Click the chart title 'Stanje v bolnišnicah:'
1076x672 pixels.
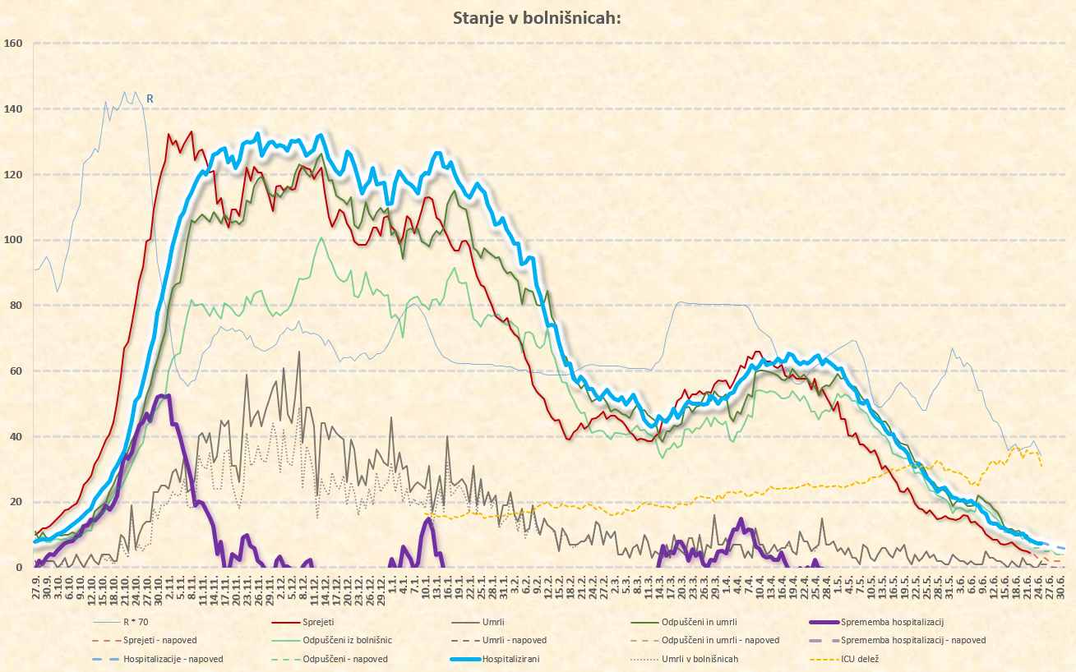point(538,19)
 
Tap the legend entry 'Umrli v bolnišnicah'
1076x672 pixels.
point(700,658)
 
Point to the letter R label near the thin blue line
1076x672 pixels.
point(150,99)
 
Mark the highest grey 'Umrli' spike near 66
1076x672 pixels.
point(299,352)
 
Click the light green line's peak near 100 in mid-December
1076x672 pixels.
point(321,238)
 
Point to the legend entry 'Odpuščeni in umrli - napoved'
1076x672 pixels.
point(720,640)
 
